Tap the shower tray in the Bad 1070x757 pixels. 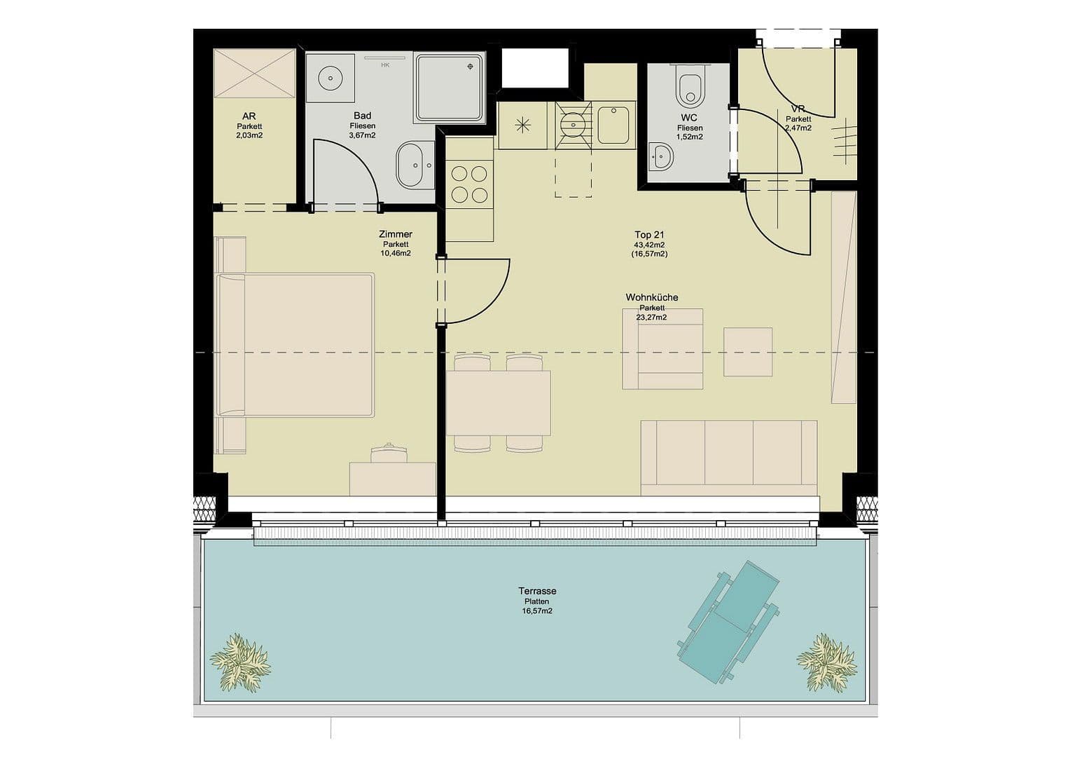tap(450, 88)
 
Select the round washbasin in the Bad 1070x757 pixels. tap(328, 79)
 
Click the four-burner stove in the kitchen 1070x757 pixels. tap(469, 184)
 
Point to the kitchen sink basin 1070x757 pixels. tap(616, 125)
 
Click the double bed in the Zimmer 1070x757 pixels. tap(296, 344)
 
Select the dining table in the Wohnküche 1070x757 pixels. tap(498, 403)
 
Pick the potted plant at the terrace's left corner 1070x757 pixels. tap(240, 662)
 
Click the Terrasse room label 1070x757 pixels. tap(537, 591)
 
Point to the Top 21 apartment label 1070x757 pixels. tap(649, 235)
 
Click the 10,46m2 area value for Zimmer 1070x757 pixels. tap(396, 253)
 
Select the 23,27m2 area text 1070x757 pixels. tap(651, 317)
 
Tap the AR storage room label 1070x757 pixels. tap(249, 116)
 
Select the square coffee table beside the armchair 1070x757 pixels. tap(748, 352)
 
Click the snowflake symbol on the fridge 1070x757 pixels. tap(522, 125)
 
